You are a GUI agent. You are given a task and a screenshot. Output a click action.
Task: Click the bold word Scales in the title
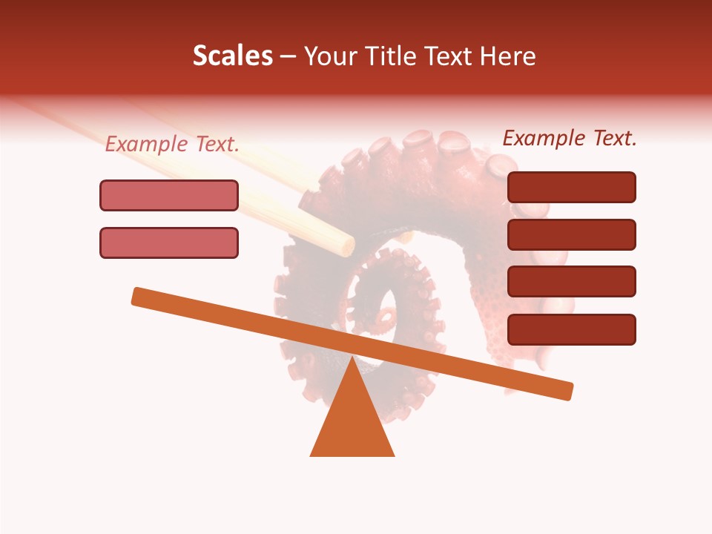(x=232, y=56)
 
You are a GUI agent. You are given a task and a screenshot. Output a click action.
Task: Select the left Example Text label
(x=172, y=145)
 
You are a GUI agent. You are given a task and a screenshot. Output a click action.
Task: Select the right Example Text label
(x=570, y=138)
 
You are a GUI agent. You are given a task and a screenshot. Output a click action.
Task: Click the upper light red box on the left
(x=169, y=195)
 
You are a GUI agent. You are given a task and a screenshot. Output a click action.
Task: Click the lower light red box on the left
(x=169, y=243)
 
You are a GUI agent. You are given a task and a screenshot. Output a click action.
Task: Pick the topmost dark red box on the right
(x=571, y=187)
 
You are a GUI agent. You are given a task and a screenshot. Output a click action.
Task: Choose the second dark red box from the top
(x=571, y=234)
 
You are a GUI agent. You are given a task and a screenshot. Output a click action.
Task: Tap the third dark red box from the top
(x=571, y=281)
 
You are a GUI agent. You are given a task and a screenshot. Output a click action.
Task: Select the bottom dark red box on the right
(x=571, y=329)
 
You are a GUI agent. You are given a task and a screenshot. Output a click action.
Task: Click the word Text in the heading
(x=449, y=56)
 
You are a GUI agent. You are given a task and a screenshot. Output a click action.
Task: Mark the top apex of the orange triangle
(x=352, y=359)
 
